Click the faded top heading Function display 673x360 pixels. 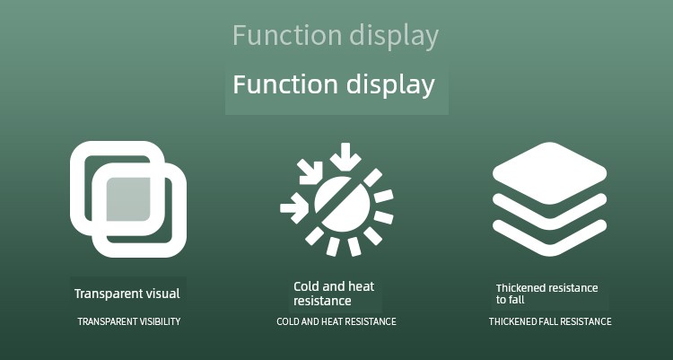point(336,36)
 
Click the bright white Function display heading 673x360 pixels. point(334,84)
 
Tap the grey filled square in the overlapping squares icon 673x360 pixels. point(128,199)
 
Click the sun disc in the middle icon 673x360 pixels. point(342,204)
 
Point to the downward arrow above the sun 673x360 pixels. point(345,156)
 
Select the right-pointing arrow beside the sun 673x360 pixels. point(294,208)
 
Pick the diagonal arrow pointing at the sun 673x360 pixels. point(310,171)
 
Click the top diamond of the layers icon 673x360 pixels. point(550,172)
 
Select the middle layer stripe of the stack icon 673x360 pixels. point(550,216)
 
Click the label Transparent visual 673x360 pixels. point(127,294)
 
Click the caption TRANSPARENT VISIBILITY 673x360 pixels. point(128,321)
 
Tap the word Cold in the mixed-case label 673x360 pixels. point(306,286)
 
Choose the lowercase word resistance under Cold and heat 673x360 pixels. point(322,301)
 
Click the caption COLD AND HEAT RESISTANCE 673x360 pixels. point(336,321)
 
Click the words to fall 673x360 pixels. point(511,300)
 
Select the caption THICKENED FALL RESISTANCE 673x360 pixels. point(550,321)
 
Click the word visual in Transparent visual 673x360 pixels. point(162,294)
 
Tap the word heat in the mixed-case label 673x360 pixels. point(361,286)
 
